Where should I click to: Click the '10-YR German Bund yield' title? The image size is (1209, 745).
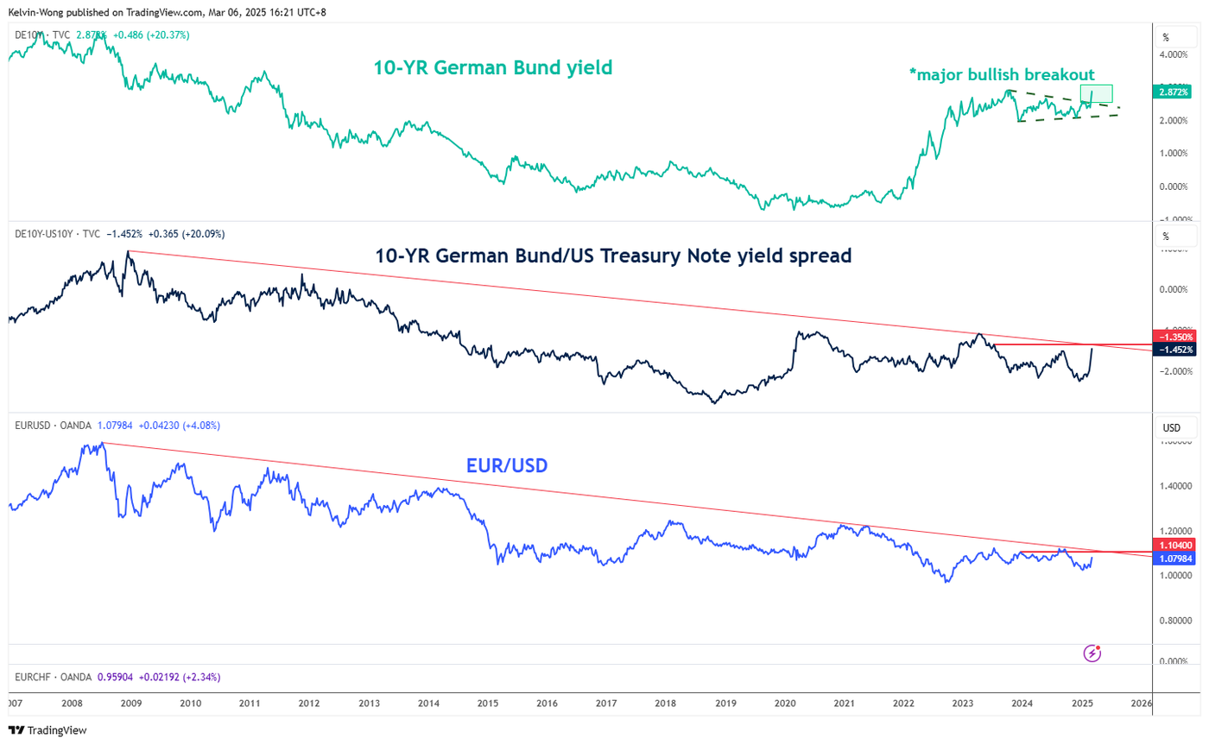[x=492, y=67]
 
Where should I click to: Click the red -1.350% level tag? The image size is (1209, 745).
[x=1174, y=336]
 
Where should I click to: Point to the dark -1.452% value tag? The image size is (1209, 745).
[x=1174, y=350]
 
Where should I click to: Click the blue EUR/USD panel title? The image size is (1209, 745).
[x=508, y=467]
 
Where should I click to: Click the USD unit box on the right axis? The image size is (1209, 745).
[x=1172, y=428]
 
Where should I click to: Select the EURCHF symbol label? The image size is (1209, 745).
[x=36, y=678]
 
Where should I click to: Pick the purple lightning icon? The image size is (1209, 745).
[x=1092, y=653]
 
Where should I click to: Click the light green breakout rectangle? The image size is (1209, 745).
[x=1097, y=94]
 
